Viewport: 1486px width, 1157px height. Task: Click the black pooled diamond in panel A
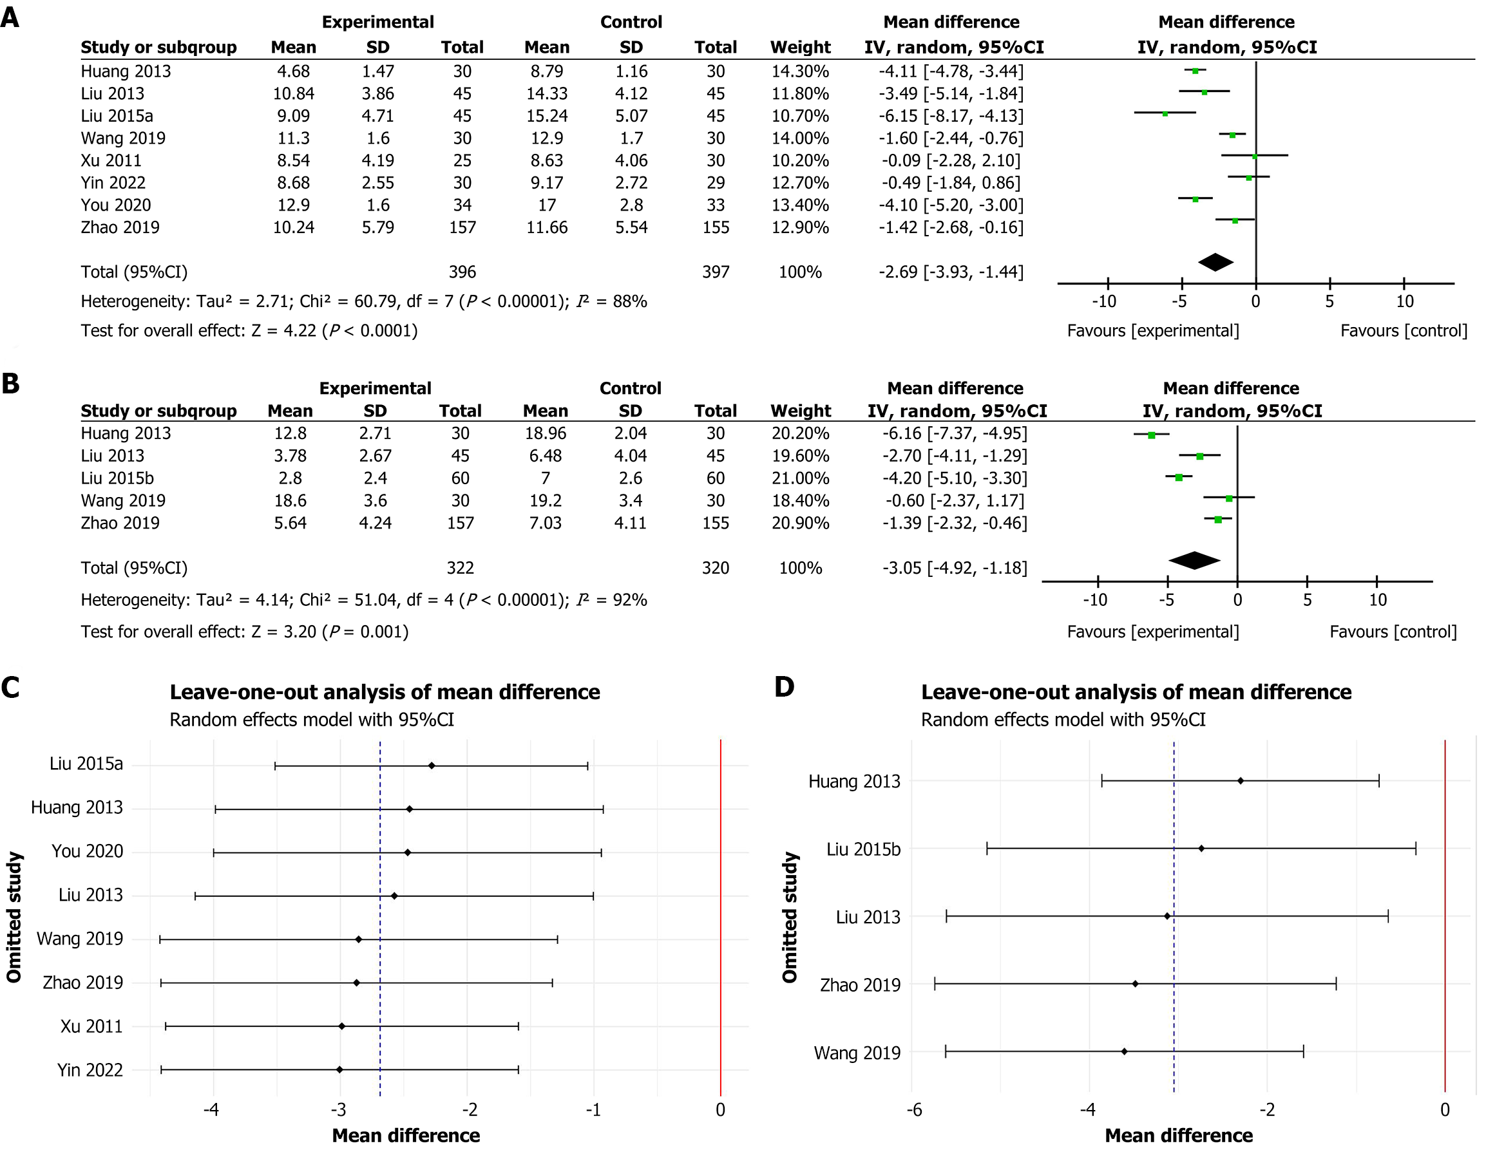(x=1216, y=262)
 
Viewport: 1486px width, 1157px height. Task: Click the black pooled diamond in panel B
(x=1194, y=561)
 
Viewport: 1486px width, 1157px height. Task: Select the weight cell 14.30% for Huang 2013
(x=800, y=71)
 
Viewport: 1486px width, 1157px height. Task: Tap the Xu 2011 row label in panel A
(x=111, y=160)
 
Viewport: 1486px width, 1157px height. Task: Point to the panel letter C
(x=11, y=688)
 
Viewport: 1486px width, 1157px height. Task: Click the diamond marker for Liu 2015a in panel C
(x=432, y=766)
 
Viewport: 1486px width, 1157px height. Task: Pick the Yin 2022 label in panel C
(x=90, y=1070)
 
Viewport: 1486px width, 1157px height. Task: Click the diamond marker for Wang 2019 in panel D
(x=1124, y=1051)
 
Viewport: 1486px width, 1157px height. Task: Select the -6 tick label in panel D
(x=914, y=1110)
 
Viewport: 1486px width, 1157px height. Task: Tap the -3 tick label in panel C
(x=338, y=1110)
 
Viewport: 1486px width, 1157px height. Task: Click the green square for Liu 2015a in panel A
(x=1165, y=114)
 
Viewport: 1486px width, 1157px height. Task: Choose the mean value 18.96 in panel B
(x=545, y=433)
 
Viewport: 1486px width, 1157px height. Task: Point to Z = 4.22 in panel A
(x=283, y=330)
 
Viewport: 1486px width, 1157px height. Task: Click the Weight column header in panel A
(x=800, y=47)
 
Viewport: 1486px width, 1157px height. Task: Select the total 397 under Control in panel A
(x=715, y=272)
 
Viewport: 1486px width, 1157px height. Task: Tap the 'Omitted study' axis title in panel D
(x=789, y=917)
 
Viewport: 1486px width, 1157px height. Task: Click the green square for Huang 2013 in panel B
(x=1151, y=435)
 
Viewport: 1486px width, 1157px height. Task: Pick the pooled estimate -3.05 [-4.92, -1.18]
(x=955, y=568)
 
